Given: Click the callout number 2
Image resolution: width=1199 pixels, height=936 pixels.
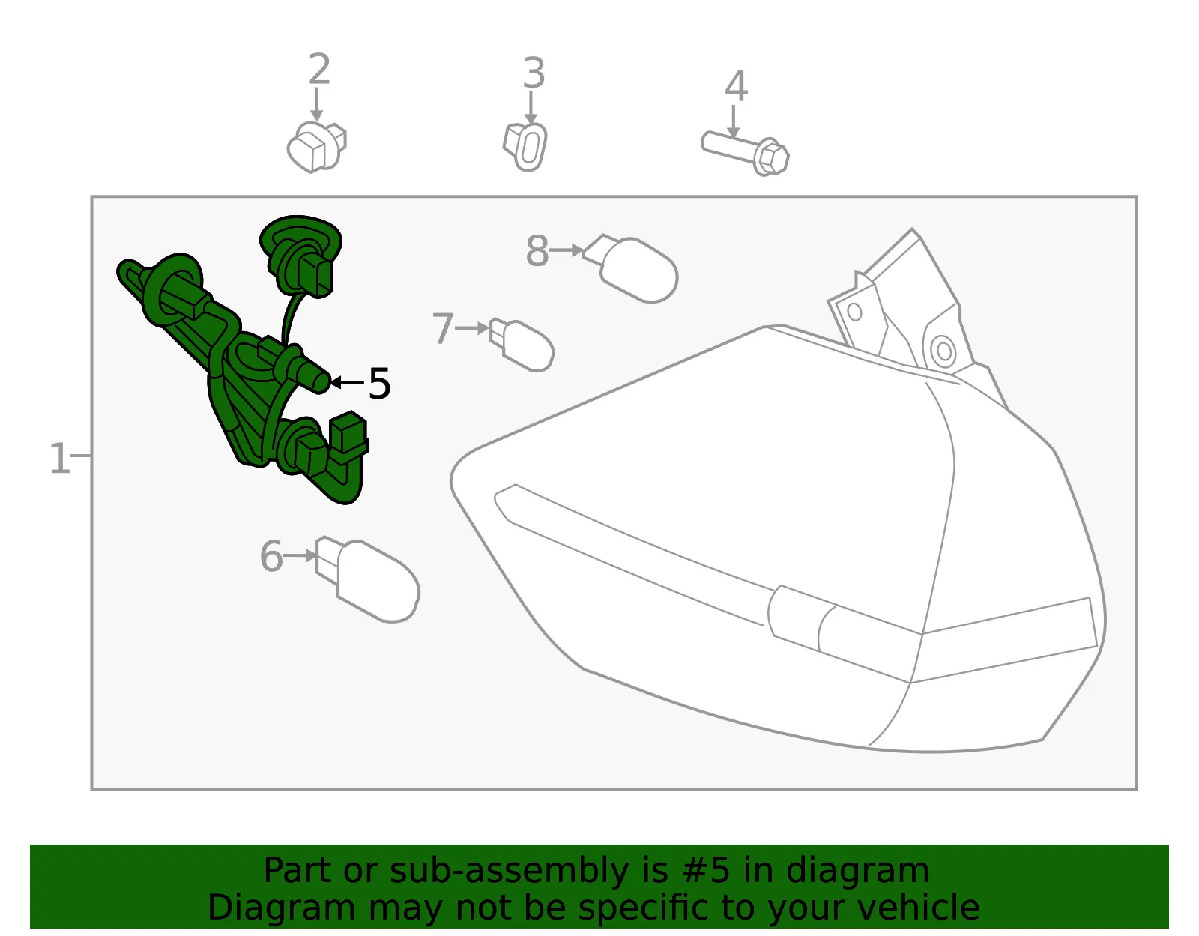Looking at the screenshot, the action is (x=319, y=70).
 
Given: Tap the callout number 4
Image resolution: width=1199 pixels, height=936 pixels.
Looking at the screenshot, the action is (x=736, y=87).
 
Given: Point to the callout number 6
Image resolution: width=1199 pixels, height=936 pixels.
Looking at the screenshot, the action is (x=271, y=556).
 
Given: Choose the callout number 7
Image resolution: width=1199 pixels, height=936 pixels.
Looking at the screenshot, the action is (x=443, y=329).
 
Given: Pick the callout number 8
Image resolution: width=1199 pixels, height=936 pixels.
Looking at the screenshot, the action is (x=537, y=251).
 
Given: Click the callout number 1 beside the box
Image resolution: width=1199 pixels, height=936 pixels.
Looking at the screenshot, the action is (x=60, y=458).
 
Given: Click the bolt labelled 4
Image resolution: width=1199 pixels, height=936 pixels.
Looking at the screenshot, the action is (x=745, y=153).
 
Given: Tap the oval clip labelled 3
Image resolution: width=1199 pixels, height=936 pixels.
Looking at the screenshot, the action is (x=525, y=147).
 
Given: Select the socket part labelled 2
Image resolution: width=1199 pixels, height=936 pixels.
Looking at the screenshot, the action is (x=316, y=148).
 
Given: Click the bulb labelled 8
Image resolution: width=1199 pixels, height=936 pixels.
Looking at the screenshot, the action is (x=631, y=268).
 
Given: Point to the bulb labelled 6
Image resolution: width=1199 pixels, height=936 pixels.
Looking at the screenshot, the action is (x=368, y=579).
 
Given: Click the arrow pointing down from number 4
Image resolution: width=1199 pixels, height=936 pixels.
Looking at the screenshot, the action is (x=734, y=121).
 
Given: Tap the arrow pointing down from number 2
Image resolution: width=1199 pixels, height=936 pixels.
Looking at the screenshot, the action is (x=316, y=104).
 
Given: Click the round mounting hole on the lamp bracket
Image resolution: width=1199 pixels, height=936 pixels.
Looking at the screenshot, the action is (x=943, y=351).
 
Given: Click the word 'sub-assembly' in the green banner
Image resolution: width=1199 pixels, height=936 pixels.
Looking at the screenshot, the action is (x=510, y=870).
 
